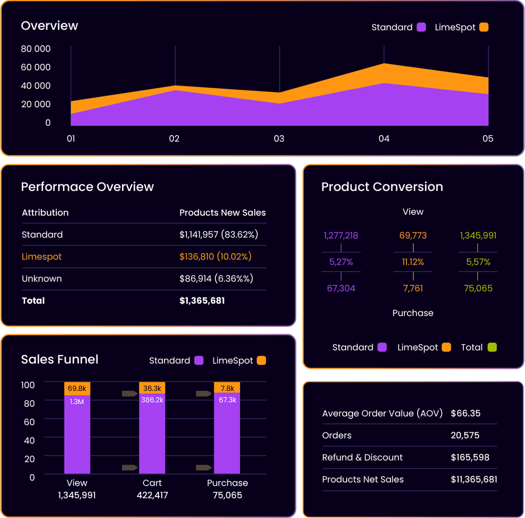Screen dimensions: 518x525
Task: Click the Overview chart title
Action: [x=49, y=26]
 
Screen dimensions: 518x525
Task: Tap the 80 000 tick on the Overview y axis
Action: [x=35, y=49]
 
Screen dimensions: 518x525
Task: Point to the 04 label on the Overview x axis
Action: [x=384, y=139]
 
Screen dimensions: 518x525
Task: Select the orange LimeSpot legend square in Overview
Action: [x=483, y=27]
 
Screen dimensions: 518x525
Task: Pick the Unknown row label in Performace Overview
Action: [x=42, y=279]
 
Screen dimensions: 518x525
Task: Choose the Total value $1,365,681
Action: [x=202, y=301]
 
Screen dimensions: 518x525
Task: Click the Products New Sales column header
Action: [x=222, y=213]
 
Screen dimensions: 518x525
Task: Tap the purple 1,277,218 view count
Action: [x=341, y=236]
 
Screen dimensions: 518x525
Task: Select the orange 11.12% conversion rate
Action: [x=413, y=262]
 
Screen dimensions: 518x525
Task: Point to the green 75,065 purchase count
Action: [x=478, y=288]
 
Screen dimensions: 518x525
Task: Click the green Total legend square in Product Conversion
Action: [x=492, y=347]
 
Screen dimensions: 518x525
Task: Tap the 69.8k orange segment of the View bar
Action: [x=77, y=388]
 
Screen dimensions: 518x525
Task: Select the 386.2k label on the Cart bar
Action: [x=152, y=400]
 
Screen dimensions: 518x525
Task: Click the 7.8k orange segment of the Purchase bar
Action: [x=227, y=388]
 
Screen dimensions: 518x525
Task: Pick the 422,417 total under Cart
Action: [x=152, y=495]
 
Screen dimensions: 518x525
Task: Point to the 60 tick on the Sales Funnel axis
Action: [x=29, y=422]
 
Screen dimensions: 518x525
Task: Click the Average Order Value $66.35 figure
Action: [x=465, y=414]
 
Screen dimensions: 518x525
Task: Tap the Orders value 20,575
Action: [x=465, y=435]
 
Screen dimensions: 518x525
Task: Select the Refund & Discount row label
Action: [x=362, y=457]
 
